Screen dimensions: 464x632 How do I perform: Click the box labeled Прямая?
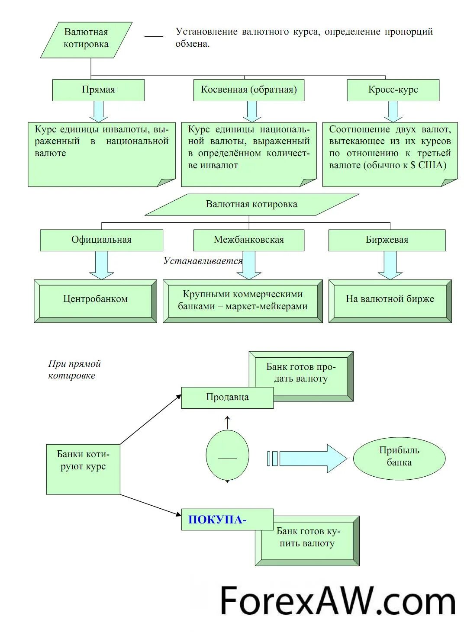pyautogui.click(x=99, y=90)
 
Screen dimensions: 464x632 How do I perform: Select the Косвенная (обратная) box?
pyautogui.click(x=248, y=90)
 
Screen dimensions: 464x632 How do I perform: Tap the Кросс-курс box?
pyautogui.click(x=393, y=90)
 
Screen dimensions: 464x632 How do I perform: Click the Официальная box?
pyautogui.click(x=102, y=240)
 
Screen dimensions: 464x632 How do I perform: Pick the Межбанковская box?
pyautogui.click(x=248, y=240)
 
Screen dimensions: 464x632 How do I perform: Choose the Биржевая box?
pyautogui.click(x=387, y=240)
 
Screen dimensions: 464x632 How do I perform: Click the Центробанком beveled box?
pyautogui.click(x=95, y=301)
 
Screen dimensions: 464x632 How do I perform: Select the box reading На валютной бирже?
pyautogui.click(x=390, y=301)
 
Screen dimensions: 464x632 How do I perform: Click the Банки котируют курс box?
pyautogui.click(x=83, y=469)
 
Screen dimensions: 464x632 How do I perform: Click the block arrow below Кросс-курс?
pyautogui.click(x=393, y=112)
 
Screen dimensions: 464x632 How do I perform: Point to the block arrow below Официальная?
pyautogui.click(x=102, y=265)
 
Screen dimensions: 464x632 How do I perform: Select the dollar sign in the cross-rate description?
pyautogui.click(x=413, y=165)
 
